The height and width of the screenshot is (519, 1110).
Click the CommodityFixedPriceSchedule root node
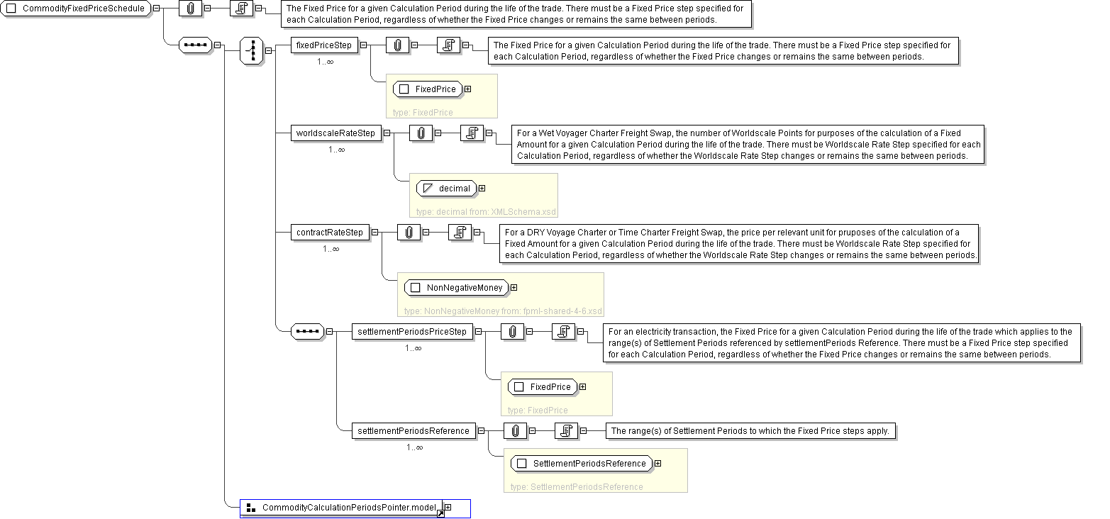click(76, 9)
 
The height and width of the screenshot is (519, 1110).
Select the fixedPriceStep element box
click(324, 45)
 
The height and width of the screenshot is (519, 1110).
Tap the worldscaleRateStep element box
click(336, 133)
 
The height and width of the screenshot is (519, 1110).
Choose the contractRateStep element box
click(330, 233)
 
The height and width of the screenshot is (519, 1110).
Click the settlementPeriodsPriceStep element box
click(412, 332)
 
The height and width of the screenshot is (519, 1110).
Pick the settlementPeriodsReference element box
click(414, 431)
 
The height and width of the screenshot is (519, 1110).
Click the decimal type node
click(446, 188)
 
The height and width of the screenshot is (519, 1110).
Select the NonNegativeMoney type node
click(456, 288)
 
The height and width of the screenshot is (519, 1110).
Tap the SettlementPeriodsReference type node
click(582, 464)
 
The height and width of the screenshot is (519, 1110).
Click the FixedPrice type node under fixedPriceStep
click(428, 89)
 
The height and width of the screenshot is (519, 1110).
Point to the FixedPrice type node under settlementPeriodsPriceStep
click(543, 387)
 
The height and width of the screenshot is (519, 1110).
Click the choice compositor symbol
click(252, 50)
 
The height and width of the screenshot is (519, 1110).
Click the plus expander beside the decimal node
click(482, 188)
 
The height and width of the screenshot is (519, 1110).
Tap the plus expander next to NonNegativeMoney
click(514, 288)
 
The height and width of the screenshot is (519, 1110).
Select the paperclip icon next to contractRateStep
click(409, 233)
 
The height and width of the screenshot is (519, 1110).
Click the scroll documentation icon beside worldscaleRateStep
click(472, 133)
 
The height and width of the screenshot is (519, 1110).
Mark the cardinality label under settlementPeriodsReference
click(415, 447)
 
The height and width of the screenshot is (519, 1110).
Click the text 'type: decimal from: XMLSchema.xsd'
click(486, 212)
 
